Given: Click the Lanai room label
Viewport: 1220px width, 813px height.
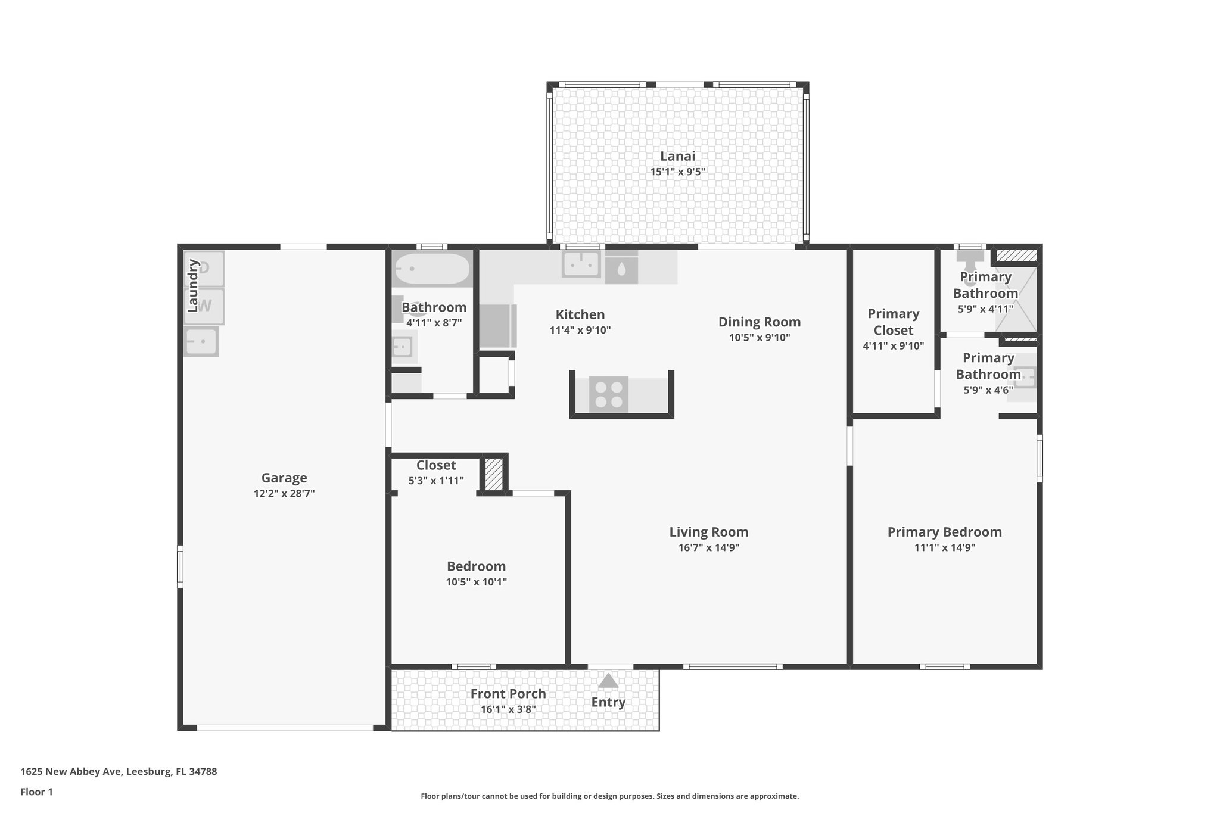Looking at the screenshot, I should (677, 156).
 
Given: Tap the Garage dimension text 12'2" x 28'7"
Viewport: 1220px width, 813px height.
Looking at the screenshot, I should (284, 493).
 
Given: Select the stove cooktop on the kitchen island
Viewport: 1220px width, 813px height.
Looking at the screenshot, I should (608, 394).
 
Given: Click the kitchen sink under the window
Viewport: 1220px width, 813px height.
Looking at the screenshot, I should (581, 264).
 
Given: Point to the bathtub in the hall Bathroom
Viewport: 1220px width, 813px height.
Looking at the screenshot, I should (432, 269).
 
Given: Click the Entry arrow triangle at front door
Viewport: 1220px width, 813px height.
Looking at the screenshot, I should (608, 681).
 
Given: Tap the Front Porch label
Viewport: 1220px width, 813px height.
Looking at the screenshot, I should (508, 694).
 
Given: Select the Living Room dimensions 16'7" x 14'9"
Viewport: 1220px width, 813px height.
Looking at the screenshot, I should (708, 547).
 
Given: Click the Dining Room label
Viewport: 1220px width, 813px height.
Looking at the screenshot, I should (759, 322).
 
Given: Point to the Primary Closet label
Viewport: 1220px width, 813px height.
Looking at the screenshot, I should (893, 322).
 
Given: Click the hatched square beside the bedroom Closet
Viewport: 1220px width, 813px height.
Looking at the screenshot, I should (493, 474).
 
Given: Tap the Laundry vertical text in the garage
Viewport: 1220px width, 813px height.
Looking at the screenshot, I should (192, 286).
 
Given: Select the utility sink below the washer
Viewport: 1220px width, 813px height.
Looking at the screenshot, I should (201, 341).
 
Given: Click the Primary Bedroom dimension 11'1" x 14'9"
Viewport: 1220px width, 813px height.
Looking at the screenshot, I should (944, 547).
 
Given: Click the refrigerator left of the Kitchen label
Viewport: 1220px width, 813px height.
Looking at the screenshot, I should (497, 326).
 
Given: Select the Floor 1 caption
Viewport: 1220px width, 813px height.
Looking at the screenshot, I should (36, 792).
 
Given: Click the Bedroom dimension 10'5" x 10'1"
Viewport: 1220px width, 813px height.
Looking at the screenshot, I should (476, 582).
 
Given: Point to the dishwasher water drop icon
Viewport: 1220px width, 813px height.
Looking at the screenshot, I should (621, 270).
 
